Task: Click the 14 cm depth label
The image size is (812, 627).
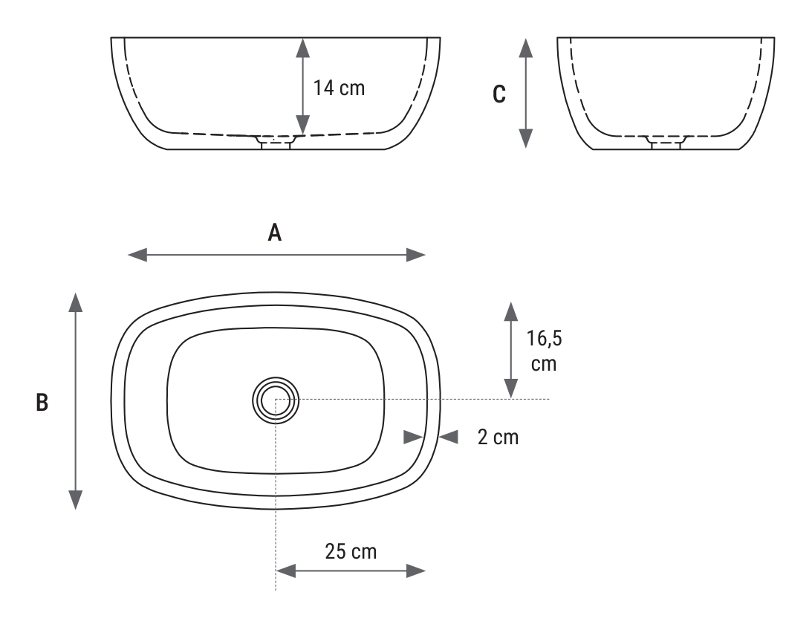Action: pyautogui.click(x=339, y=88)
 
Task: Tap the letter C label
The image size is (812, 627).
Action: pyautogui.click(x=498, y=94)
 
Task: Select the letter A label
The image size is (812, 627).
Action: pyautogui.click(x=274, y=233)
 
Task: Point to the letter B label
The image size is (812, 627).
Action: pyautogui.click(x=42, y=403)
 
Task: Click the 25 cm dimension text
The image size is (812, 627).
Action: pyautogui.click(x=351, y=551)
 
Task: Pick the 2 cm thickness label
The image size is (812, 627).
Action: pyautogui.click(x=498, y=437)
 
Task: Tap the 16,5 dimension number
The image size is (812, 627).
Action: pyautogui.click(x=545, y=339)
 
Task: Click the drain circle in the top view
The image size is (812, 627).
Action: pyautogui.click(x=276, y=400)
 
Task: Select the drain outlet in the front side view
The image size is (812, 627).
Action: pyautogui.click(x=276, y=143)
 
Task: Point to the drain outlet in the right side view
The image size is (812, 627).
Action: pyautogui.click(x=666, y=143)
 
